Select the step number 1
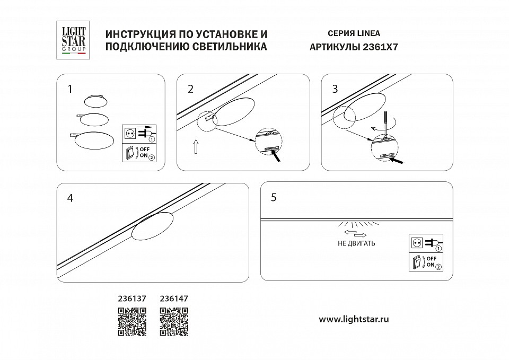click(x=70, y=89)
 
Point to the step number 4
click(x=70, y=198)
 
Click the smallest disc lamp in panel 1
click(x=96, y=101)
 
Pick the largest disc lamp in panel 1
click(x=94, y=141)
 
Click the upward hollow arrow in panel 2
click(x=196, y=146)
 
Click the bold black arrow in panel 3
click(x=401, y=159)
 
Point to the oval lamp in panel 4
click(x=153, y=226)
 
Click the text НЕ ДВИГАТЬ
click(x=356, y=243)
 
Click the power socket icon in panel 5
click(x=417, y=243)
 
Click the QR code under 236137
click(x=131, y=321)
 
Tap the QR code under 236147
click(x=174, y=321)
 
